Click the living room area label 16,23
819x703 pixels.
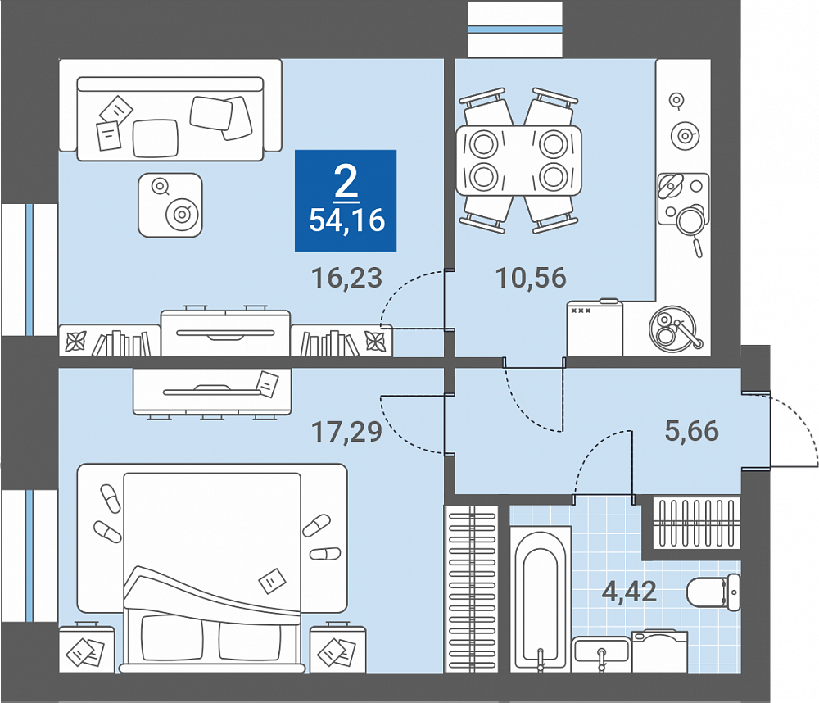[x=346, y=278]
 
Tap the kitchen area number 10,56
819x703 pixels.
[x=531, y=278]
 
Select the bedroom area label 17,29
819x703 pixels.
[x=346, y=433]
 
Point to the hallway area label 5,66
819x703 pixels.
[x=691, y=431]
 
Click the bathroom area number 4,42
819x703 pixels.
[x=629, y=592]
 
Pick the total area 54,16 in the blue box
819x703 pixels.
[x=346, y=220]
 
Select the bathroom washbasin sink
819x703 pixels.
[x=602, y=654]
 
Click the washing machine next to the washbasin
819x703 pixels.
[x=659, y=651]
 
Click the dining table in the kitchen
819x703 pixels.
[x=518, y=161]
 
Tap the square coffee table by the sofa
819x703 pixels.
[x=170, y=206]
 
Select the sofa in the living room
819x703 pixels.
[x=170, y=111]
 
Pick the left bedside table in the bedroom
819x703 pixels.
[x=87, y=648]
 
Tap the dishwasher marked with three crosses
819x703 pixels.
[x=595, y=328]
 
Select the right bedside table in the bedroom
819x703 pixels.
[x=338, y=648]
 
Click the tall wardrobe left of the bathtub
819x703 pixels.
[x=471, y=588]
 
